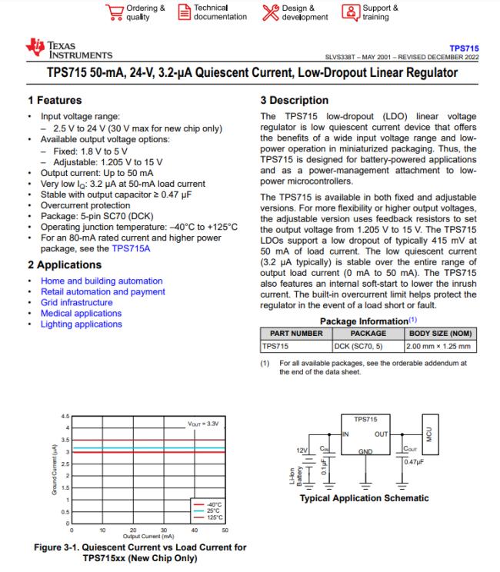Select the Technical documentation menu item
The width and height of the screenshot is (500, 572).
tap(213, 12)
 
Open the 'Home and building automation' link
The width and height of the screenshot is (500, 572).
tap(102, 281)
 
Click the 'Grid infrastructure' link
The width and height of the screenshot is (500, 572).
tap(77, 303)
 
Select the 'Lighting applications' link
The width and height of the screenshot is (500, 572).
tap(82, 324)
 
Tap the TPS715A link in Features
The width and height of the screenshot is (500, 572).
tap(131, 249)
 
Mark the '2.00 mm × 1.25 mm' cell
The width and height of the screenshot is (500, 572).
tap(438, 347)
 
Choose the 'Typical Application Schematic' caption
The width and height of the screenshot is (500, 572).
tap(364, 498)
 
